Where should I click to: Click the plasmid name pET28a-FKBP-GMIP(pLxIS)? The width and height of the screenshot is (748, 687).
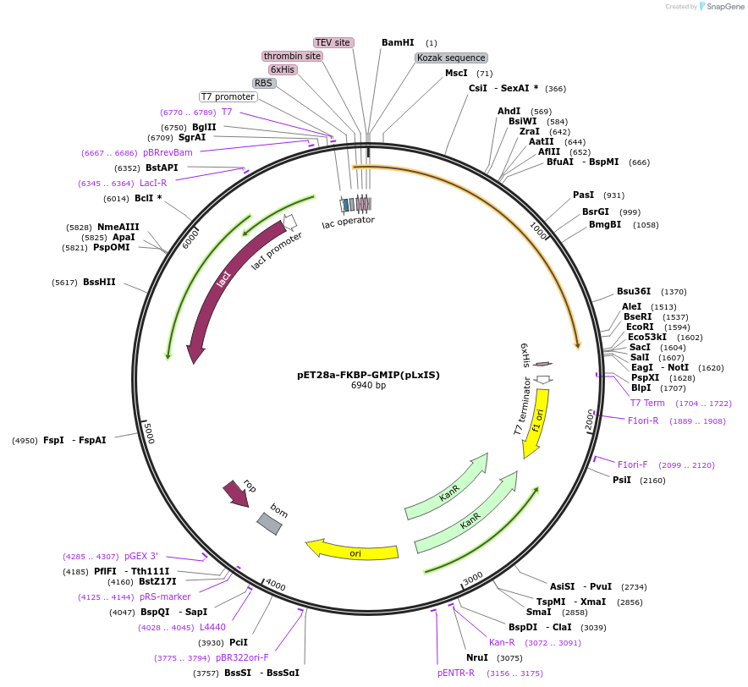click(368, 375)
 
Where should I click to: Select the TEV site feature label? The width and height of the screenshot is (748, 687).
click(333, 42)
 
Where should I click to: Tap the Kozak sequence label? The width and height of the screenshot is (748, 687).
click(452, 58)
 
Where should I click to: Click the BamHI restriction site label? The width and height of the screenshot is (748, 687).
click(398, 42)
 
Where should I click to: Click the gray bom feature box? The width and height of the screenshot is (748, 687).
click(270, 524)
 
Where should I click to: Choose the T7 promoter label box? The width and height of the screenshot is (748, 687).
click(228, 96)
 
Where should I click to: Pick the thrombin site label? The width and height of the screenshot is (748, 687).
click(292, 56)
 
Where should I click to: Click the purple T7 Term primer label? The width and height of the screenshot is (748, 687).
click(647, 403)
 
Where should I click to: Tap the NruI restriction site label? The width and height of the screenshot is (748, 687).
click(477, 657)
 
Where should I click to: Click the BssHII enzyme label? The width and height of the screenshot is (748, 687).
click(99, 282)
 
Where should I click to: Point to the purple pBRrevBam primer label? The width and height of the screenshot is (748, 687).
click(168, 152)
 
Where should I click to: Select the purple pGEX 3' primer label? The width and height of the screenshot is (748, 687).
click(141, 556)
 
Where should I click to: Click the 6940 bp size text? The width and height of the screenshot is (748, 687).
click(368, 386)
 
